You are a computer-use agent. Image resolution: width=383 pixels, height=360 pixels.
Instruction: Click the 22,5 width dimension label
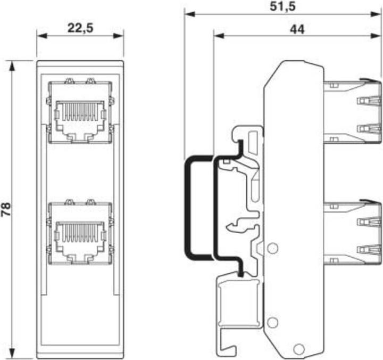(80, 28)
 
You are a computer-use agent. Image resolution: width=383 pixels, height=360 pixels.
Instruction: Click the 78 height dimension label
(7, 208)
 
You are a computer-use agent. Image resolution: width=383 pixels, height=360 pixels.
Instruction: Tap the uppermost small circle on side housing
(272, 248)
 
